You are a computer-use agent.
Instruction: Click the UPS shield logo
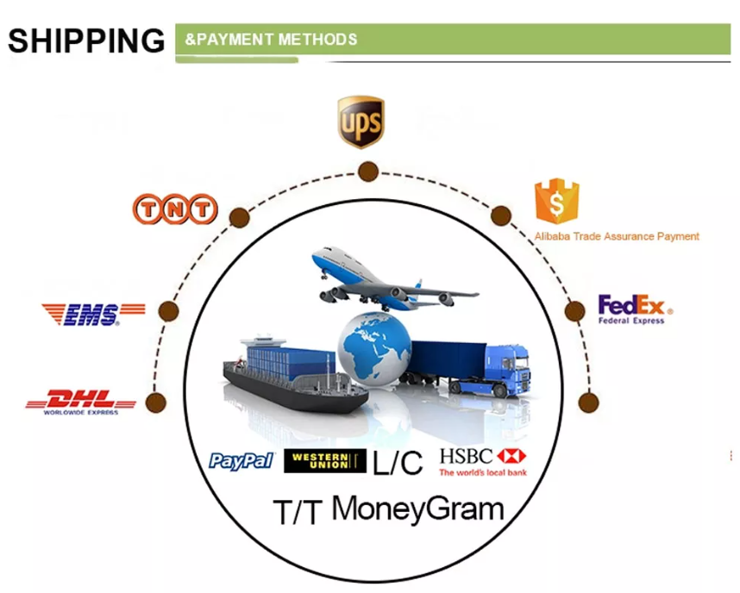(361, 122)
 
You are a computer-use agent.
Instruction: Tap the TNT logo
(175, 209)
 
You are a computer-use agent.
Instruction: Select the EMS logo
(93, 315)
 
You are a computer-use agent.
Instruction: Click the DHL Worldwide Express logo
(81, 403)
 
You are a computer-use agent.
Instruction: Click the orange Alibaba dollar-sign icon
(557, 201)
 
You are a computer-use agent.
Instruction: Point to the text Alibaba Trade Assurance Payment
(617, 236)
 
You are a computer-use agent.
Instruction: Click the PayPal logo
(241, 461)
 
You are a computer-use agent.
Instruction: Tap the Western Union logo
(325, 461)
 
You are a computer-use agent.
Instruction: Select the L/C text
(398, 462)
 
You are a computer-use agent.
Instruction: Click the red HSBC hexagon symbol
(511, 456)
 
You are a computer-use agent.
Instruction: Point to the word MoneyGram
(418, 509)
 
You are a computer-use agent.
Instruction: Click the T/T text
(298, 512)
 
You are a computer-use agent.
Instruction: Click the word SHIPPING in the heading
(86, 41)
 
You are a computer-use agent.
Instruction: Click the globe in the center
(374, 347)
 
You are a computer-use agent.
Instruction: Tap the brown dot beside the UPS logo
(368, 172)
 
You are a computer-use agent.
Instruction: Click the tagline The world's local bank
(483, 472)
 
